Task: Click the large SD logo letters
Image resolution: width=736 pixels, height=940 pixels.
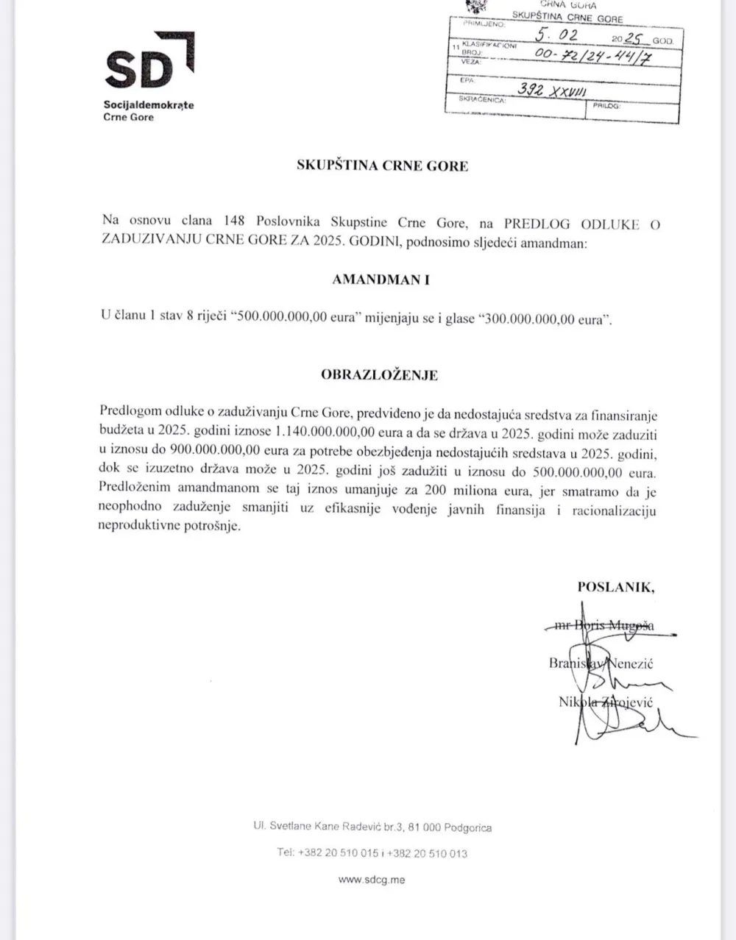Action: point(140,69)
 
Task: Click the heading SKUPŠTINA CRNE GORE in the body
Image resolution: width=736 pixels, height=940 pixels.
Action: point(382,165)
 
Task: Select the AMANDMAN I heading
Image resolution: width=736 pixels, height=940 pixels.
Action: point(381,279)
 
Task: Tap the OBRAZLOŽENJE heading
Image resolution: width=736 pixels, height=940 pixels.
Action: point(379,374)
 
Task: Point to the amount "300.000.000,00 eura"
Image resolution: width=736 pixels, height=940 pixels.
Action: point(542,320)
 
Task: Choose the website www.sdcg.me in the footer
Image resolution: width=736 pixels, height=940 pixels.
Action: point(371,879)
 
